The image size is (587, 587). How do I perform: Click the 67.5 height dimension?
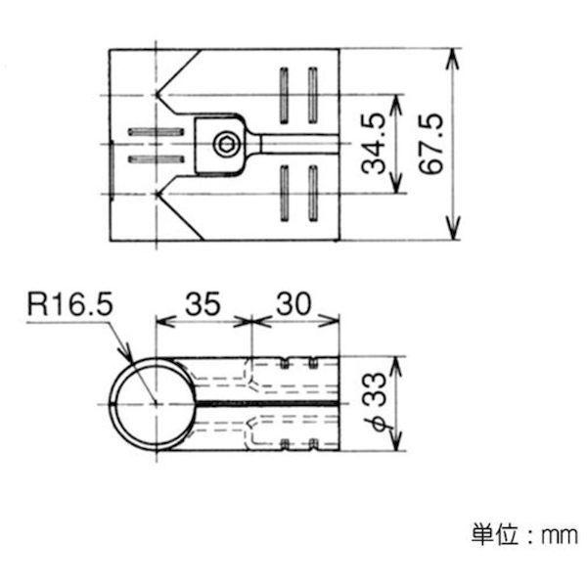point(431,144)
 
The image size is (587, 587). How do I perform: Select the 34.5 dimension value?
point(374,144)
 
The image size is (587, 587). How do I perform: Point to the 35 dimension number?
point(203,303)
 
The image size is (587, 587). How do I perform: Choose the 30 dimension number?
point(293,303)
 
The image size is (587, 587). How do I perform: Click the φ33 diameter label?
point(375,402)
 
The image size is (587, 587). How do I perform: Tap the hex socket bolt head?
point(225,145)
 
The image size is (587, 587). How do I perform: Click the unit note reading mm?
point(560,536)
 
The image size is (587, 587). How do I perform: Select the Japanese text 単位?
point(495,534)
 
